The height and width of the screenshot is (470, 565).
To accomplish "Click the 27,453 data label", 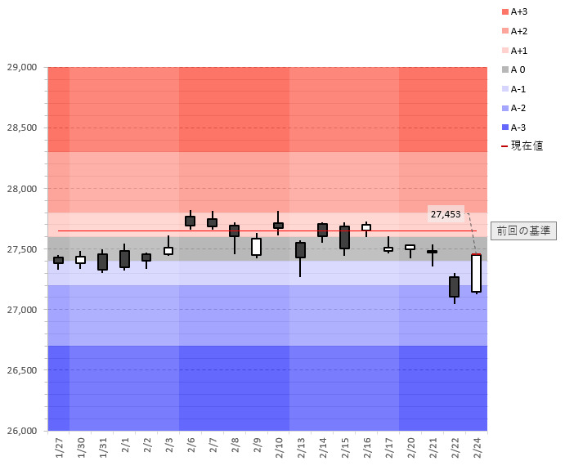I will [x=446, y=214].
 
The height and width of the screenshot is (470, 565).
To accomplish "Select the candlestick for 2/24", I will [x=476, y=273].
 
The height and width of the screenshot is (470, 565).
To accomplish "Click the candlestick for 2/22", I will [x=454, y=287].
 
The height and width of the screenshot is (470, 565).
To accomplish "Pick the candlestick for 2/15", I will [x=344, y=237].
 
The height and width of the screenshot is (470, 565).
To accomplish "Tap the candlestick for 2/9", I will [x=256, y=247].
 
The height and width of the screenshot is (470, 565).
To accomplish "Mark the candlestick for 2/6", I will [x=190, y=221].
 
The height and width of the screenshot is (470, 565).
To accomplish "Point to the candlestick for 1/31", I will [x=102, y=262].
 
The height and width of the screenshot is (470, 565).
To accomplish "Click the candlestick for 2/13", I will [x=300, y=250].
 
